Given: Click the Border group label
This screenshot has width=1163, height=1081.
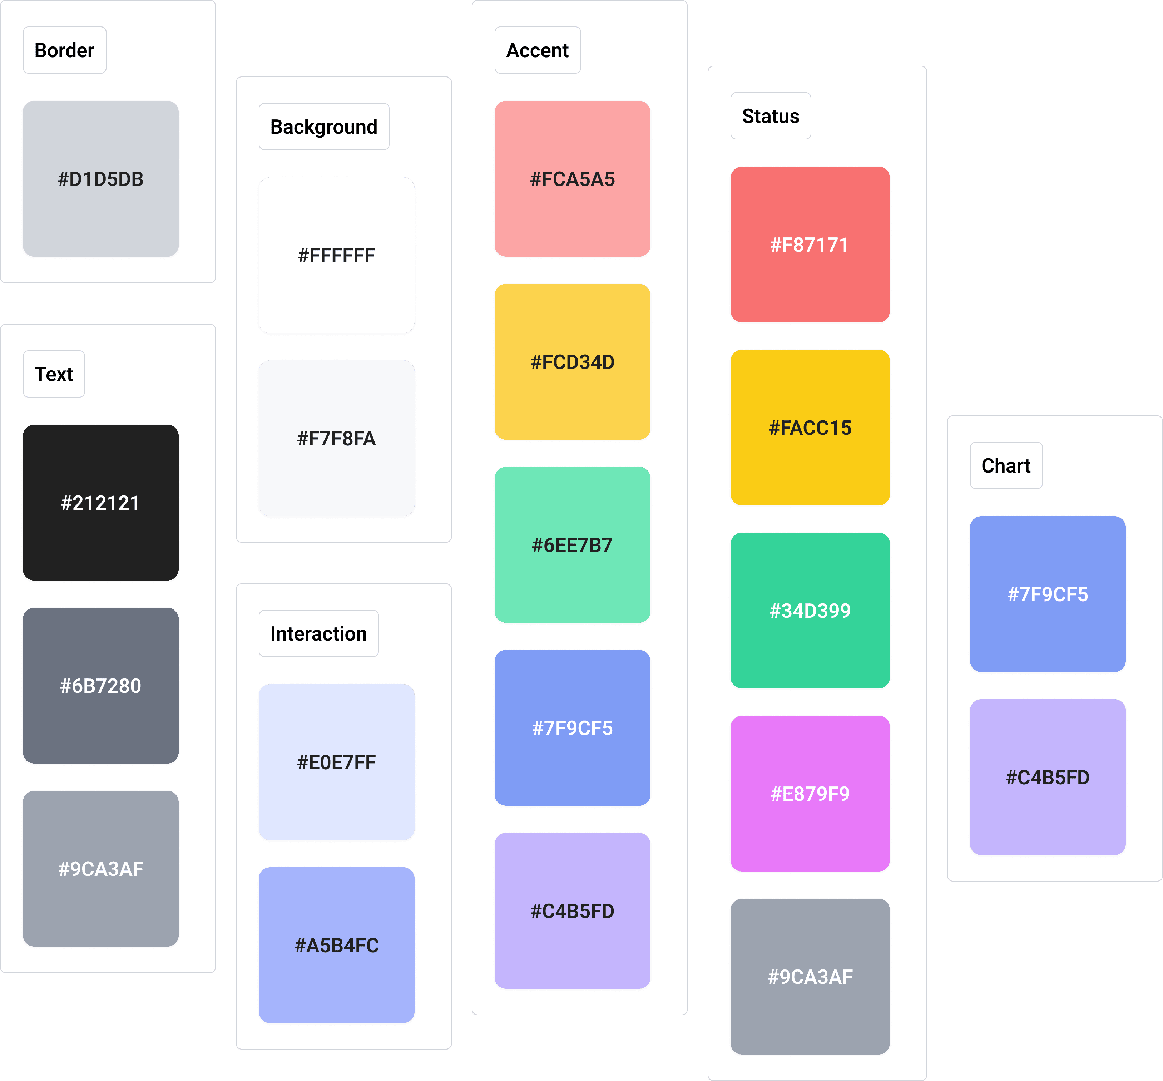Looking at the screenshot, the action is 64,50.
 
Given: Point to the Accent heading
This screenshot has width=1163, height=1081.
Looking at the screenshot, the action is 537,50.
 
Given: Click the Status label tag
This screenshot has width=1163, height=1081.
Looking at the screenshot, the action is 771,116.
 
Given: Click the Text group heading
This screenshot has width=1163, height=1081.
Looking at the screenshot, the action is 54,374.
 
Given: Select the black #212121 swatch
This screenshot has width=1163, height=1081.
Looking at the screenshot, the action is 100,503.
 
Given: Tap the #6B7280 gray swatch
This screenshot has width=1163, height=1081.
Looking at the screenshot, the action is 100,686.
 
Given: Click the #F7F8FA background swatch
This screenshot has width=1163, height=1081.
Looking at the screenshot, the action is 337,439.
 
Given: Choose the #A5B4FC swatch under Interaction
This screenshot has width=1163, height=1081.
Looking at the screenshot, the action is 337,945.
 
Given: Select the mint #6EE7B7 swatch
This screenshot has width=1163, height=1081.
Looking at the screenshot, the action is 573,544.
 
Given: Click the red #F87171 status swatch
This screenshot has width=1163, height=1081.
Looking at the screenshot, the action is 810,245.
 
